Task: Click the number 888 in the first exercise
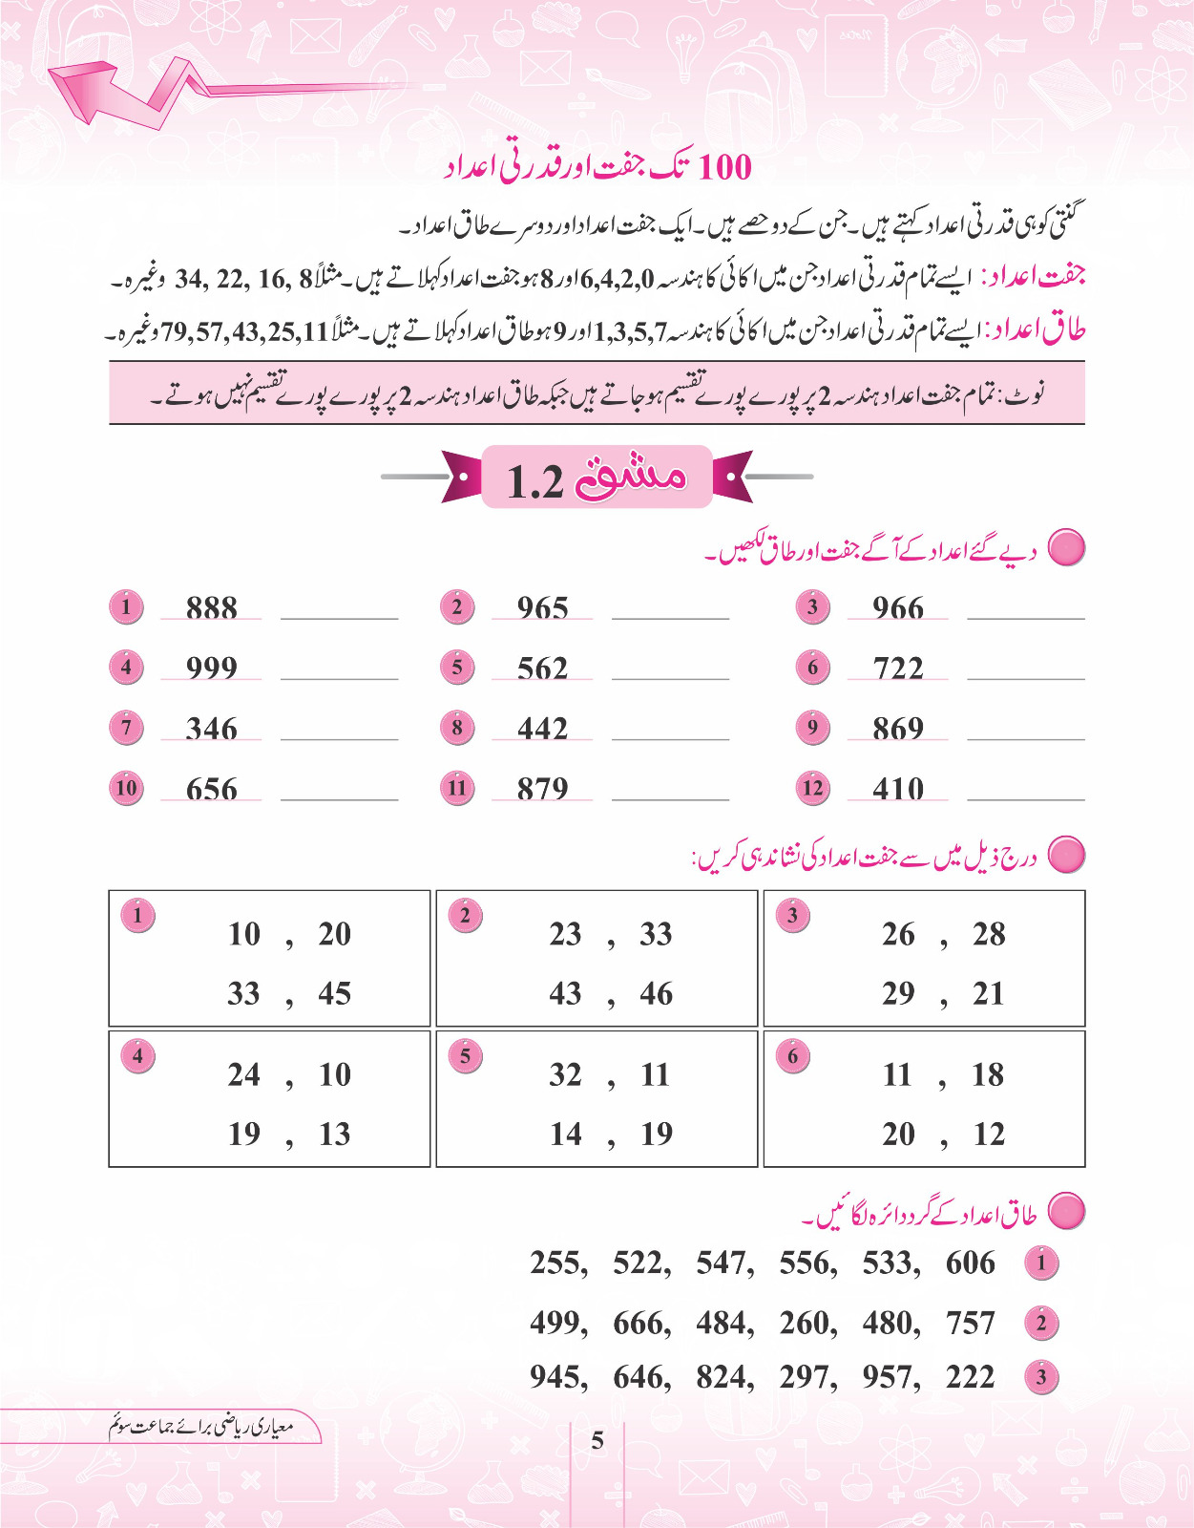pyautogui.click(x=211, y=607)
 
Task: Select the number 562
pyautogui.click(x=542, y=668)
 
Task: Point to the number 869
pyautogui.click(x=898, y=729)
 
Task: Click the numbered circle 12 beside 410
pyautogui.click(x=812, y=789)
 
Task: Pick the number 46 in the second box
pyautogui.click(x=656, y=994)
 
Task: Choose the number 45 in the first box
pyautogui.click(x=334, y=994)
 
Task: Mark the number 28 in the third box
pyautogui.click(x=989, y=934)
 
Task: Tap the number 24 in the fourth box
pyautogui.click(x=243, y=1075)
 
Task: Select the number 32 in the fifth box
pyautogui.click(x=565, y=1075)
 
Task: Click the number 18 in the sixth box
pyautogui.click(x=988, y=1075)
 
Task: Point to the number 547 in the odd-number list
pyautogui.click(x=723, y=1263)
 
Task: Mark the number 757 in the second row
pyautogui.click(x=970, y=1324)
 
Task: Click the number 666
pyautogui.click(x=640, y=1324)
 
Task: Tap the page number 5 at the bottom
pyautogui.click(x=597, y=1440)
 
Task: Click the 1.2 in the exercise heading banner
pyautogui.click(x=535, y=481)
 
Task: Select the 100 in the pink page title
pyautogui.click(x=725, y=168)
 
